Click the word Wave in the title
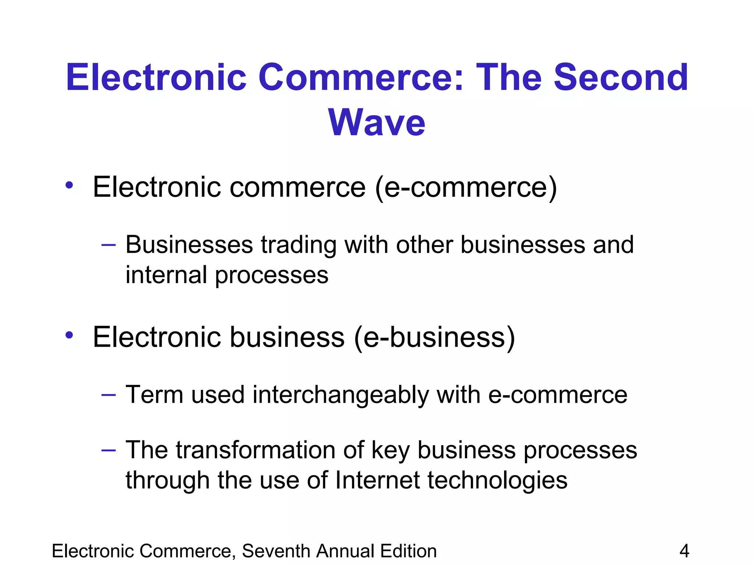pyautogui.click(x=377, y=122)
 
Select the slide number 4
pyautogui.click(x=684, y=551)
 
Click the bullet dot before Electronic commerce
pyautogui.click(x=69, y=185)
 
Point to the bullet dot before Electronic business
pyautogui.click(x=69, y=335)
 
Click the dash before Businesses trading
pyautogui.click(x=109, y=244)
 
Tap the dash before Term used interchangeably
pyautogui.click(x=109, y=395)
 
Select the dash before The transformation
pyautogui.click(x=109, y=450)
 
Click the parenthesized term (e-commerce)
pyautogui.click(x=466, y=188)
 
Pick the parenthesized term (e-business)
pyautogui.click(x=434, y=338)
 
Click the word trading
pyautogui.click(x=299, y=245)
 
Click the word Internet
pyautogui.click(x=377, y=480)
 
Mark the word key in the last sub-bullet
pyautogui.click(x=390, y=451)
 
